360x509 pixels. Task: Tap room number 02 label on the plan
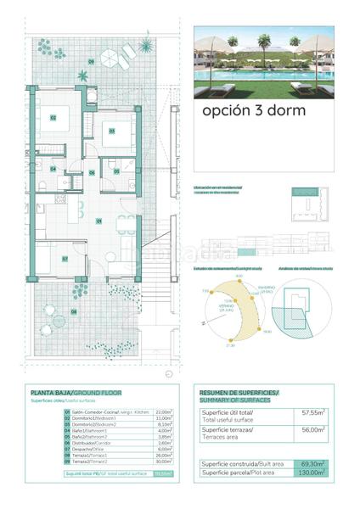click(52, 117)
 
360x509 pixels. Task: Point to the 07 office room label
click(65, 259)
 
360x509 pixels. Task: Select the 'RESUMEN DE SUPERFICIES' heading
click(239, 394)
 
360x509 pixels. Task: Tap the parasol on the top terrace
click(111, 58)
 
